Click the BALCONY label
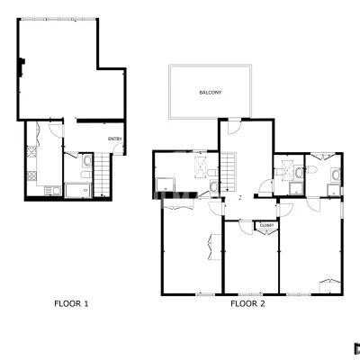click(211, 93)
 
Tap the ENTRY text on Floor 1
click(115, 139)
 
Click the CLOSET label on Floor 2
click(266, 225)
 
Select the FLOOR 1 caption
click(71, 303)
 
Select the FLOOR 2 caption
click(247, 303)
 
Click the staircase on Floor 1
click(102, 175)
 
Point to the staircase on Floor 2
click(229, 172)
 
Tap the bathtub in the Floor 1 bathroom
click(78, 190)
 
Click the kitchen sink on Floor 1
click(52, 190)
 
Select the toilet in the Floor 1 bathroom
click(86, 175)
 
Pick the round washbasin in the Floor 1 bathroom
click(87, 161)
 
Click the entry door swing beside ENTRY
click(118, 148)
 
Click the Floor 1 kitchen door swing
click(56, 130)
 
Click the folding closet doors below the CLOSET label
click(266, 232)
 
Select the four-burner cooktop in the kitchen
click(31, 175)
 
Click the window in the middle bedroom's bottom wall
click(250, 294)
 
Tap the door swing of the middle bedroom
click(247, 228)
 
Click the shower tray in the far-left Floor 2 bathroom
click(166, 184)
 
